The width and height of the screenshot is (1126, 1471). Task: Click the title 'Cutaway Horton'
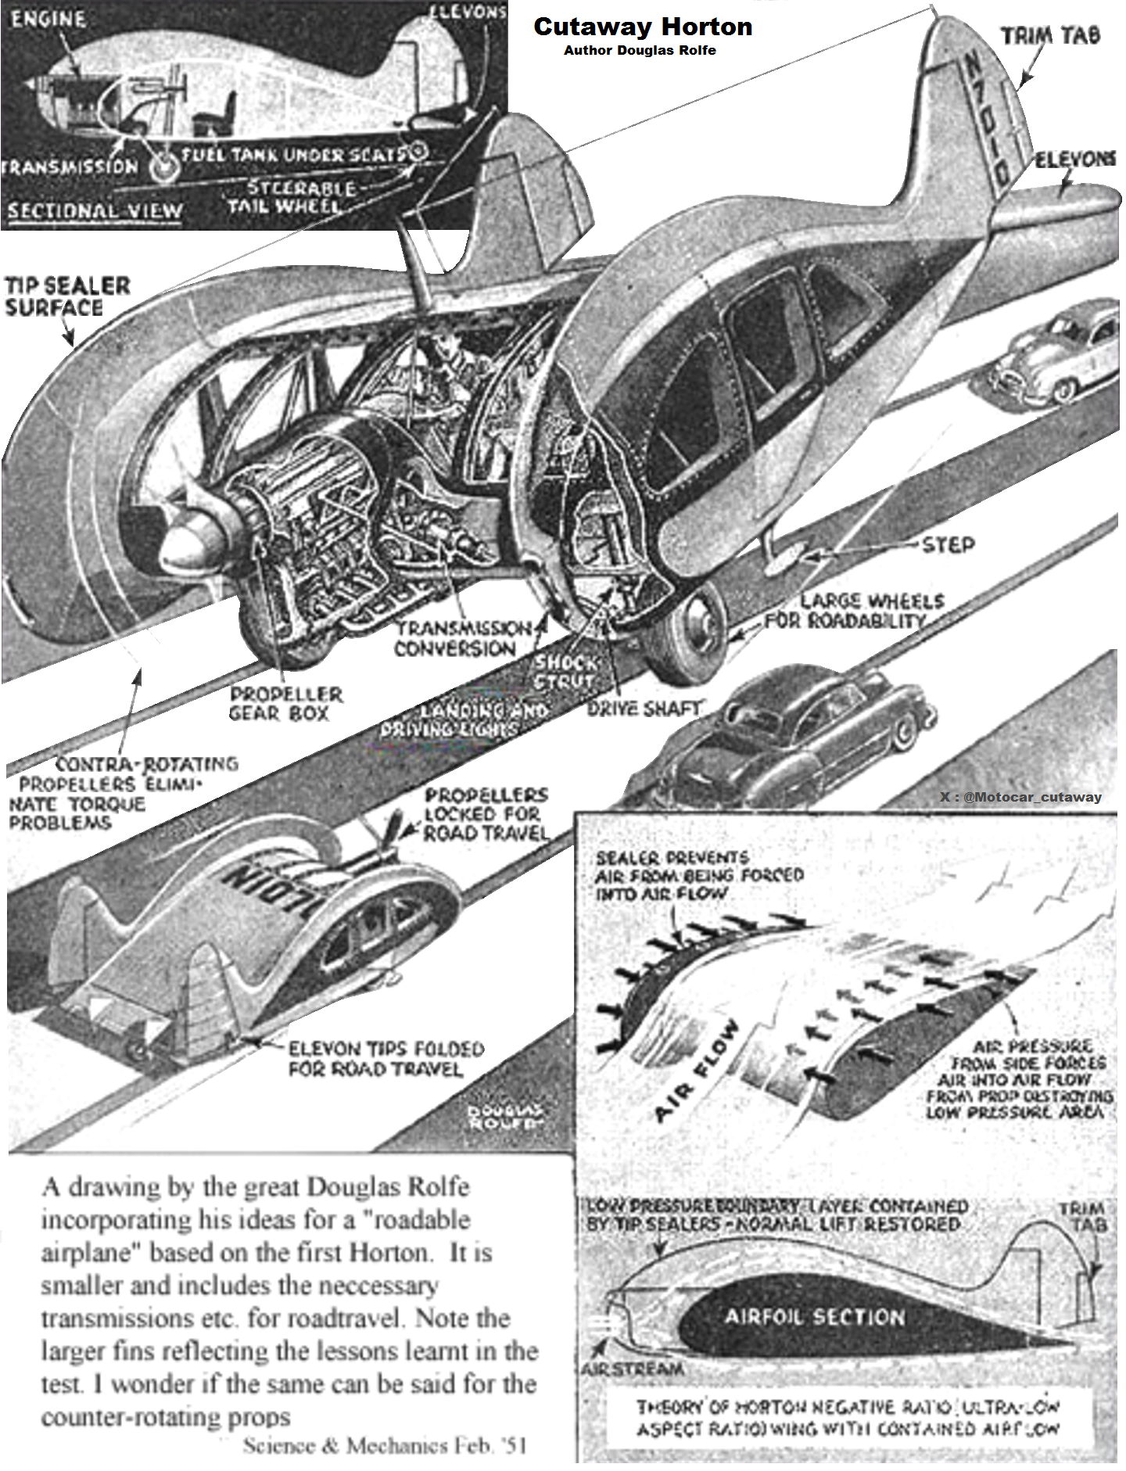(642, 27)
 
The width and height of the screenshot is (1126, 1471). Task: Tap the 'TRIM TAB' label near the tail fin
(1050, 36)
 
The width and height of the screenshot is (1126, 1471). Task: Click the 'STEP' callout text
(948, 544)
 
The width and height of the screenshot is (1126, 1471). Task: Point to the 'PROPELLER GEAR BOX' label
(285, 703)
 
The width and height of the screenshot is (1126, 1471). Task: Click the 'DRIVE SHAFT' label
(644, 709)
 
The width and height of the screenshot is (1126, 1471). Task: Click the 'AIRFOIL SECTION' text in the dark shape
(814, 1317)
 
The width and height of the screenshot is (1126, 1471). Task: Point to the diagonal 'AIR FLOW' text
(696, 1070)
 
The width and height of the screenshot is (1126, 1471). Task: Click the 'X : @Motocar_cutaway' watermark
(1020, 797)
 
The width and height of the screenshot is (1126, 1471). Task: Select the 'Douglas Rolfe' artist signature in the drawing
(504, 1116)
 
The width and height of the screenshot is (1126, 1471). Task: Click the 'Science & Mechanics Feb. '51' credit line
(384, 1445)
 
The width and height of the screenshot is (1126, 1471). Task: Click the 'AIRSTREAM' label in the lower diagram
(632, 1369)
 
